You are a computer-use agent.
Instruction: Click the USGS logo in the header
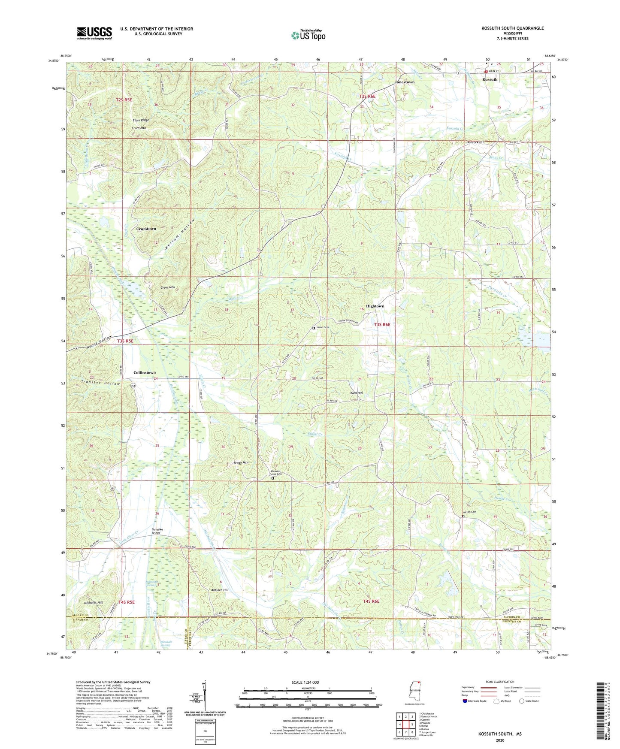tap(94, 33)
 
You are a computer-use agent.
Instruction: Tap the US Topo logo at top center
tap(308, 35)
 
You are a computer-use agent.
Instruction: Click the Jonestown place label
tap(405, 82)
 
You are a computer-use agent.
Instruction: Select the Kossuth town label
tap(490, 79)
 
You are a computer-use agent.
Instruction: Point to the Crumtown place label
tap(146, 229)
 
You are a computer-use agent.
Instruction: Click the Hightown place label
tap(375, 306)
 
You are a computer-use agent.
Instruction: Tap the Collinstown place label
tap(145, 372)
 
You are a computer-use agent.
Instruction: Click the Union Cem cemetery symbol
tap(314, 328)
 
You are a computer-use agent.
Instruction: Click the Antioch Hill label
tap(220, 590)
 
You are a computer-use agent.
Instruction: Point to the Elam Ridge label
tap(141, 120)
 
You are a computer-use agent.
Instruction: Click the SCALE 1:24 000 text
tap(305, 682)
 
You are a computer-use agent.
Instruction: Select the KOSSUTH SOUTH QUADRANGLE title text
tap(512, 28)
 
